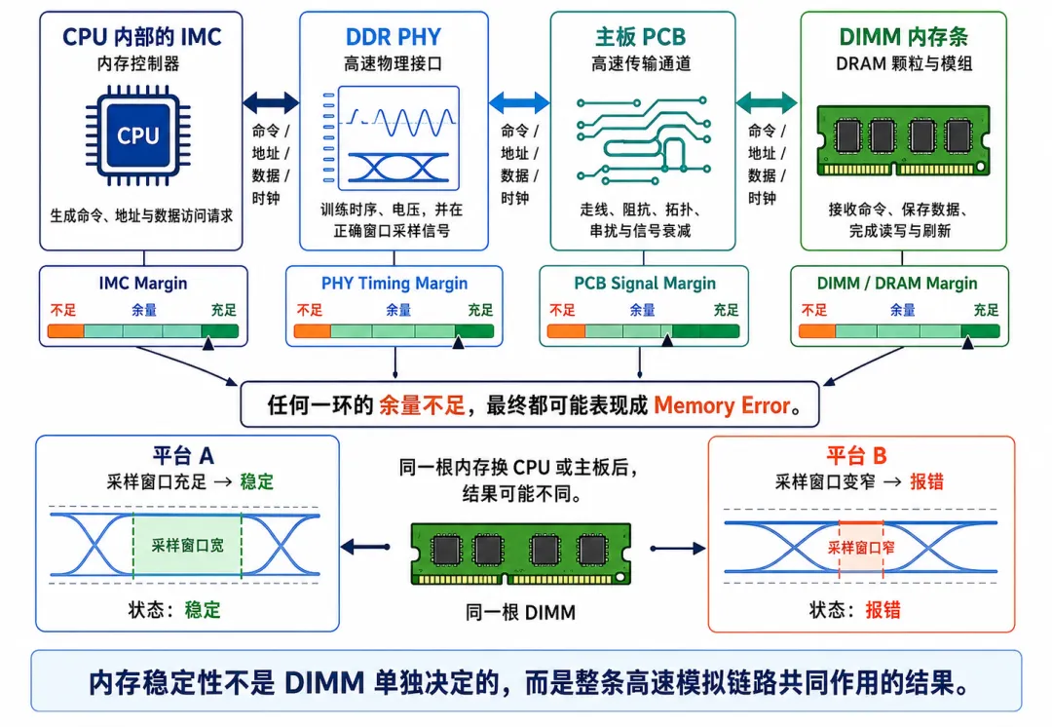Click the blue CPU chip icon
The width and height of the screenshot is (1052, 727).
click(138, 135)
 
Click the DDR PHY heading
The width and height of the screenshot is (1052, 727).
click(394, 37)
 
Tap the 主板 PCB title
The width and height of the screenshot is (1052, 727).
click(641, 37)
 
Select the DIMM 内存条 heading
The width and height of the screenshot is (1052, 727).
click(904, 37)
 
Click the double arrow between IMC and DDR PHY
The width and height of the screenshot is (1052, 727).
click(271, 102)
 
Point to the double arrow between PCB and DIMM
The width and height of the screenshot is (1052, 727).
click(767, 102)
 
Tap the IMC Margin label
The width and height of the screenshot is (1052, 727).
click(143, 284)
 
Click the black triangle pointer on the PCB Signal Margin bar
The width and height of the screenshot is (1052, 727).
click(667, 341)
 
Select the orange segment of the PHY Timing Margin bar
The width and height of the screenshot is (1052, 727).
click(313, 331)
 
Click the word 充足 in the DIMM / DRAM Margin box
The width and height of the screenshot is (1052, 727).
click(986, 310)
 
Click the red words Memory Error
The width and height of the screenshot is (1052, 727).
click(722, 405)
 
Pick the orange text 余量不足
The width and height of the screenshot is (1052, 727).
click(422, 405)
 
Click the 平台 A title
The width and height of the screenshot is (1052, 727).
click(183, 456)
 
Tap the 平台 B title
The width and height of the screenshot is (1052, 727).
click(857, 456)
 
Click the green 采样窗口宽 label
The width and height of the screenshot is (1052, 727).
click(187, 545)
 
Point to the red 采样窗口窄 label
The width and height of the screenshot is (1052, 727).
click(861, 548)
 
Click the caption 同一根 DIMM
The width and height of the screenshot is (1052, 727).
click(520, 612)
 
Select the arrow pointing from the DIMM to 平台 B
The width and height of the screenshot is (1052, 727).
click(678, 549)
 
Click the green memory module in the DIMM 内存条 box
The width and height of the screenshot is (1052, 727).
click(904, 140)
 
